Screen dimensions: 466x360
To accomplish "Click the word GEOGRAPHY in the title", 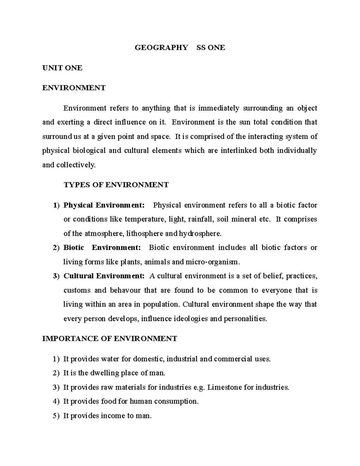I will [161, 48].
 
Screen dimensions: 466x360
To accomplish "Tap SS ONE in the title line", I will [211, 48].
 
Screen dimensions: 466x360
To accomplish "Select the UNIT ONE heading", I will [62, 68].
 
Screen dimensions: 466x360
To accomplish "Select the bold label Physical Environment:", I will [104, 205].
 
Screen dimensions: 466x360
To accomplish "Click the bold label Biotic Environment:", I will [102, 248].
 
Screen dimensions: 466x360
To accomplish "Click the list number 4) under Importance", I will [56, 401].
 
